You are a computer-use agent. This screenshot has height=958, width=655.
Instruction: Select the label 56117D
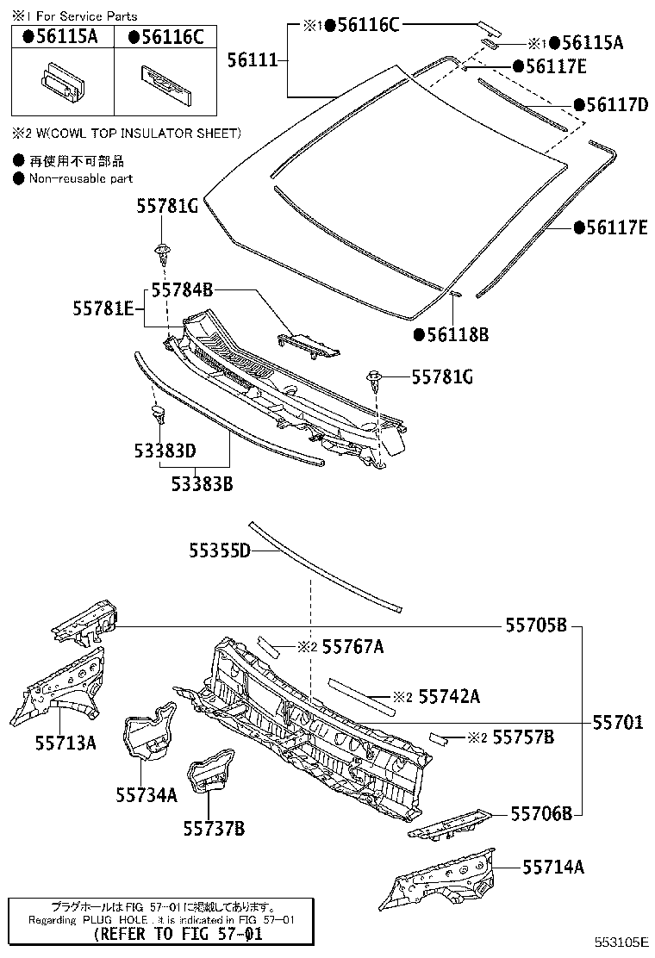(616, 105)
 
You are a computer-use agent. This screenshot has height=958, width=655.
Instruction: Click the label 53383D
(165, 450)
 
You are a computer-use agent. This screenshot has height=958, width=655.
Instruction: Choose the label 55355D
(220, 549)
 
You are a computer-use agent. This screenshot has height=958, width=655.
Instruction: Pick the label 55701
(616, 723)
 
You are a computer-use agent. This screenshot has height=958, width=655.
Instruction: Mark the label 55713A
(65, 741)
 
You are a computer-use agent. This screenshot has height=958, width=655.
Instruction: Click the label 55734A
(147, 794)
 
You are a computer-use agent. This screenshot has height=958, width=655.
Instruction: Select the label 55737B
(214, 829)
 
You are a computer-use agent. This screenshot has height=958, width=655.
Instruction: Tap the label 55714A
(552, 867)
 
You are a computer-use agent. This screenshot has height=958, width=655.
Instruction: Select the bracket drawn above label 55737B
(212, 769)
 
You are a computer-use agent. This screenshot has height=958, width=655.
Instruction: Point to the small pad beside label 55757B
(440, 737)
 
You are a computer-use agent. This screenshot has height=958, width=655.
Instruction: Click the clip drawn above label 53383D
(159, 416)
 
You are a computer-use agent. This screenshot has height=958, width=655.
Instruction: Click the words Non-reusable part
(81, 178)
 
